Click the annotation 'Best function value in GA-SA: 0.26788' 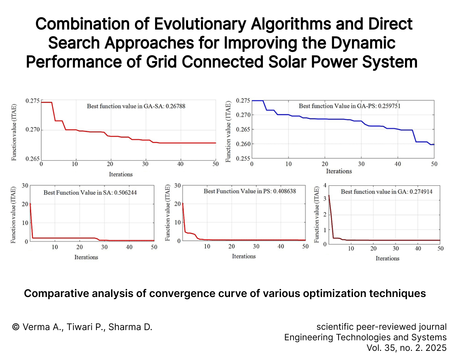[136, 106]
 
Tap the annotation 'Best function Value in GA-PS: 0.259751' [349, 106]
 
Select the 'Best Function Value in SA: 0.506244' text [90, 192]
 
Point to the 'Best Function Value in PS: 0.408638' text [250, 191]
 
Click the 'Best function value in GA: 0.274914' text [386, 192]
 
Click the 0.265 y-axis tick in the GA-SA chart [32, 159]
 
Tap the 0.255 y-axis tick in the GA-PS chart [243, 158]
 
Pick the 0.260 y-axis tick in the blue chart [243, 144]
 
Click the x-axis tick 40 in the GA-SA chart [180, 164]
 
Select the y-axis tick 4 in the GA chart [325, 185]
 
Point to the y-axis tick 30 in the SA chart [25, 186]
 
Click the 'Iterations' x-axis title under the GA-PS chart [339, 171]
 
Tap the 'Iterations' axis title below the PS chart [244, 257]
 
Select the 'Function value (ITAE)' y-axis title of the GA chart [316, 215]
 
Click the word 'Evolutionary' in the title [200, 24]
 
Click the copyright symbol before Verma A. [16, 327]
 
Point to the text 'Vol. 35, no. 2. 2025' [406, 348]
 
